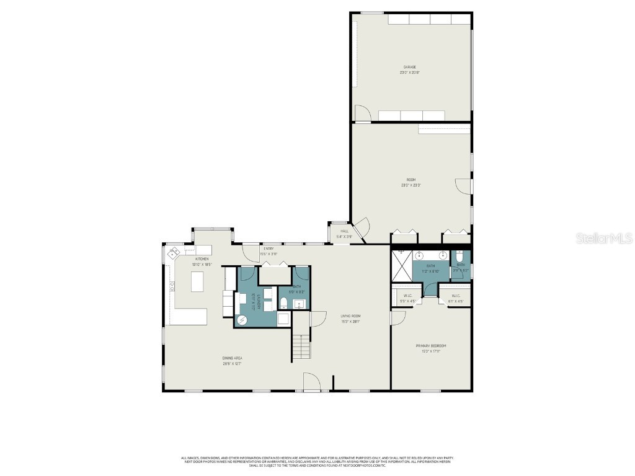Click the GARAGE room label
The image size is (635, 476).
pyautogui.click(x=409, y=67)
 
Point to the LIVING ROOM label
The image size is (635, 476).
pyautogui.click(x=350, y=316)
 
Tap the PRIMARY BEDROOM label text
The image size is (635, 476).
pyautogui.click(x=431, y=346)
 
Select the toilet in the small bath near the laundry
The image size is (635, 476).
pyautogui.click(x=283, y=303)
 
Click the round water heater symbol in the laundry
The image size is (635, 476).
pyautogui.click(x=242, y=319)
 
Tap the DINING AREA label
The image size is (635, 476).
pyautogui.click(x=232, y=358)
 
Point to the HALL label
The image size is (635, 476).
pyautogui.click(x=344, y=232)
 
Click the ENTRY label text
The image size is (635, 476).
pyautogui.click(x=269, y=249)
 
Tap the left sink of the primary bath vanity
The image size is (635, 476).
pyautogui.click(x=419, y=255)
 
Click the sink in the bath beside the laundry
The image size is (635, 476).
pyautogui.click(x=298, y=304)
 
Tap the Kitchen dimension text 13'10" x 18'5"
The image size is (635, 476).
pyautogui.click(x=202, y=265)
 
